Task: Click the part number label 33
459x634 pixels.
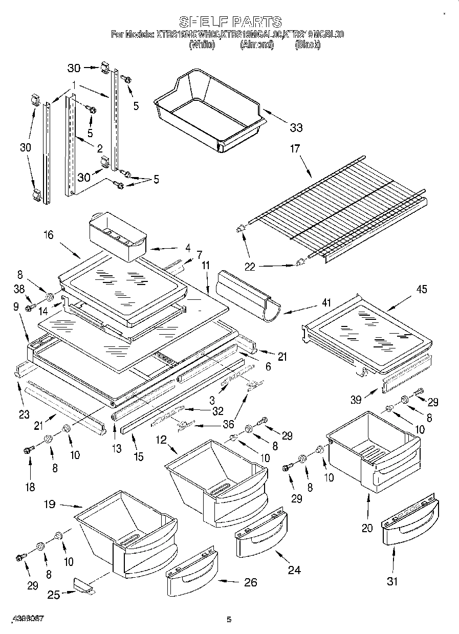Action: [x=296, y=127]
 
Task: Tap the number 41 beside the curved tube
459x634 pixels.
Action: [x=326, y=303]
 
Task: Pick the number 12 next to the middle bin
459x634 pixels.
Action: [x=161, y=440]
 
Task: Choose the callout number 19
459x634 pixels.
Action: [x=49, y=504]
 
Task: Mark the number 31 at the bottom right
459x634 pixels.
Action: [x=392, y=581]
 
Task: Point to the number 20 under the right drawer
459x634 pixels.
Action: [x=367, y=528]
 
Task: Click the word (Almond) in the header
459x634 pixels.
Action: [x=257, y=45]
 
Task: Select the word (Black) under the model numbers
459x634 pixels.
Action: [x=308, y=45]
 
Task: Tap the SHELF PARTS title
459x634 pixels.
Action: [x=230, y=22]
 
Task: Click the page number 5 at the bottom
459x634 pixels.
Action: [x=229, y=620]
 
